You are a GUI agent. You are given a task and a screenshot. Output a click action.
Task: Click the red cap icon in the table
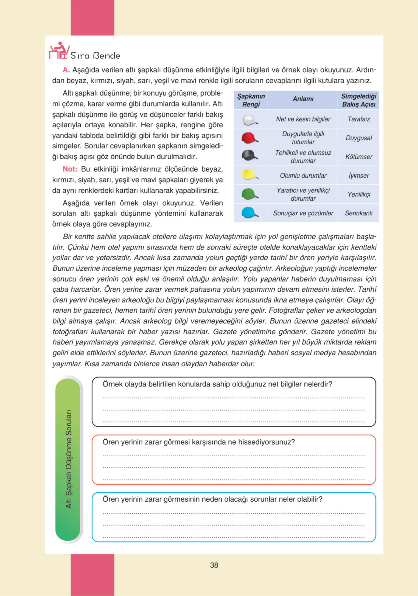(250, 138)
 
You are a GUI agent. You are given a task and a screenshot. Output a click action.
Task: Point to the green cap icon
(250, 194)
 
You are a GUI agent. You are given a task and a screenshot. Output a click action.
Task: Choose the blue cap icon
(250, 213)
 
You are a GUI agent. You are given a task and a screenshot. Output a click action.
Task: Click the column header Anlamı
(303, 99)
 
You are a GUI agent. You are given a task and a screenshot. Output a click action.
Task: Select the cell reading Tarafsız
(359, 119)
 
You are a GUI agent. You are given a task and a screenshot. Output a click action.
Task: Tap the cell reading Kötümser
(359, 157)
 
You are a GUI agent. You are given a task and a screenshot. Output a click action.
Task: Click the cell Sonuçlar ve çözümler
(303, 213)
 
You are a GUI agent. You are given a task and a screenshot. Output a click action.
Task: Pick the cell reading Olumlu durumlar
(303, 176)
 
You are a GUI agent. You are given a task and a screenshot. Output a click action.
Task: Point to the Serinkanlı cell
(359, 213)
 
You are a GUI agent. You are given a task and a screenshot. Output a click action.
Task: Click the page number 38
(214, 565)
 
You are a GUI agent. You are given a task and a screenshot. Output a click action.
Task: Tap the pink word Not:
(70, 169)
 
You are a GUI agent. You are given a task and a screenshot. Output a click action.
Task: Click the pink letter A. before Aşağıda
(66, 70)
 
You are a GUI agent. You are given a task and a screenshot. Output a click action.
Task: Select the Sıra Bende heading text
(95, 56)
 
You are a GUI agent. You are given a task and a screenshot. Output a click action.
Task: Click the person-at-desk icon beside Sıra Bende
(59, 51)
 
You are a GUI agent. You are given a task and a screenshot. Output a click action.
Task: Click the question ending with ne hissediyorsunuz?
(199, 442)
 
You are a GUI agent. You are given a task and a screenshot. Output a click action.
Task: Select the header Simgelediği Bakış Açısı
(359, 100)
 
